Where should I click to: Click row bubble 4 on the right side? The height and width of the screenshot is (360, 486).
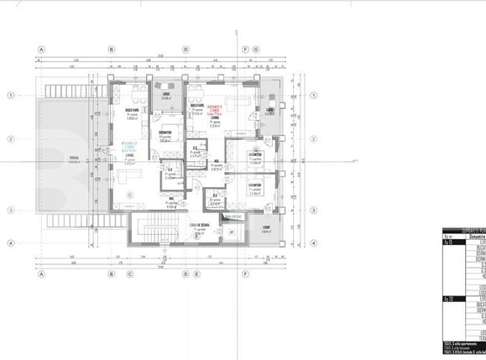[315, 243]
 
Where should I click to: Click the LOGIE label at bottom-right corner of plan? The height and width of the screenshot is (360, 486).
[265, 229]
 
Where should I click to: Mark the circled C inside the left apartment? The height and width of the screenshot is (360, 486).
[130, 196]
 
